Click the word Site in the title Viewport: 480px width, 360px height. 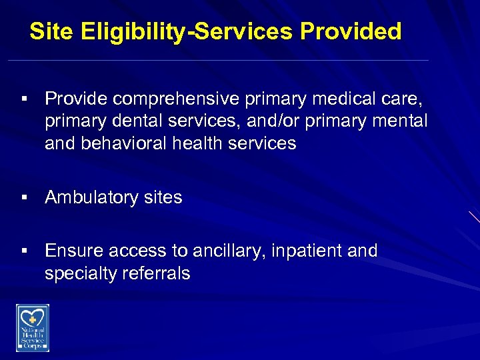click(52, 31)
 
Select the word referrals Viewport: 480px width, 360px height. click(159, 273)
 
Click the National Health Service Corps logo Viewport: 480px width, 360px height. click(33, 327)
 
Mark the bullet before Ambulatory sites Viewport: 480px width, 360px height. click(23, 197)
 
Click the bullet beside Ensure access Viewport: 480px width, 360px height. click(23, 251)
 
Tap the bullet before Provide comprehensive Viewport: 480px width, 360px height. click(23, 99)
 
